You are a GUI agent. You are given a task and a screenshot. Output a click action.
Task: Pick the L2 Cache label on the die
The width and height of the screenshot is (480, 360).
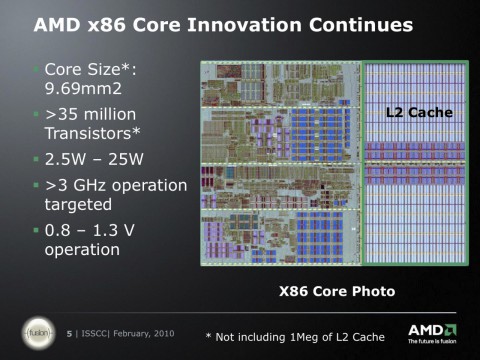pos(419,112)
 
